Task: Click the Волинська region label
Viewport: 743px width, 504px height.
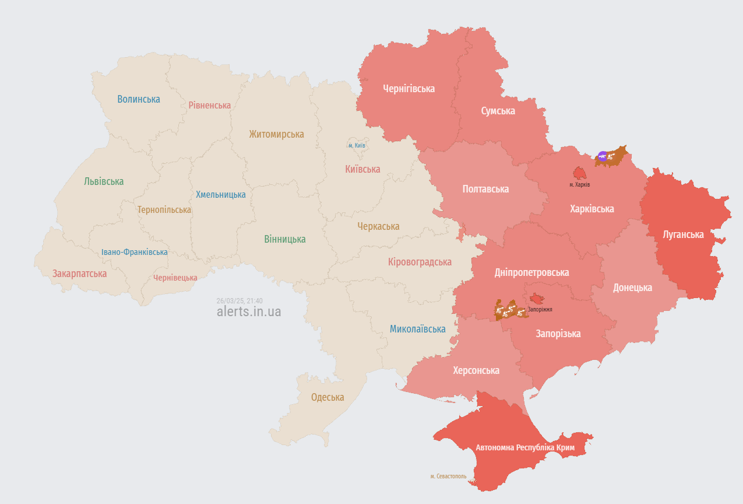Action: point(139,99)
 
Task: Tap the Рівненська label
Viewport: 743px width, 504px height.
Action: point(210,105)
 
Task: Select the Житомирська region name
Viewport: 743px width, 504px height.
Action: point(276,134)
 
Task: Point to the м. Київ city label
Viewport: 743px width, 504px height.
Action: point(357,145)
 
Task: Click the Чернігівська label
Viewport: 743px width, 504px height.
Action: point(409,89)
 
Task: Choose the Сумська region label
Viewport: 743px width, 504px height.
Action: point(498,111)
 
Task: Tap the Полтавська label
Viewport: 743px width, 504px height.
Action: point(485,189)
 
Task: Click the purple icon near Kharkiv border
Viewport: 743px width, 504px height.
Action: point(603,156)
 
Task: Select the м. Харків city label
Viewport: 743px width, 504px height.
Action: point(580,184)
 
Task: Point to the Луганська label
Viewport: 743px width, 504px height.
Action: point(683,235)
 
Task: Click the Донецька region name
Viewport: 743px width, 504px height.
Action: point(632,288)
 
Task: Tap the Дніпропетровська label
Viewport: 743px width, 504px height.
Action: point(531,272)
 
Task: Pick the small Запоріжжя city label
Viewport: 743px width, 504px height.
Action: point(540,310)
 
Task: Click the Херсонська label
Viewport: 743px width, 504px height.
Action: point(476,370)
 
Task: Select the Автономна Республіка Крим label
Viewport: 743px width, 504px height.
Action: point(525,447)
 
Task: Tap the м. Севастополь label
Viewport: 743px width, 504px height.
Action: point(448,476)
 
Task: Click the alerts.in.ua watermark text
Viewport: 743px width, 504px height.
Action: point(249,311)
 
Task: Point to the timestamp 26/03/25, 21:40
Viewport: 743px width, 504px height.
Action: point(240,300)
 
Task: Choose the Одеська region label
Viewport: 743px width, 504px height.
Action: point(328,397)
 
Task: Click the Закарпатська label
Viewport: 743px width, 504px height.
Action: point(80,274)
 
